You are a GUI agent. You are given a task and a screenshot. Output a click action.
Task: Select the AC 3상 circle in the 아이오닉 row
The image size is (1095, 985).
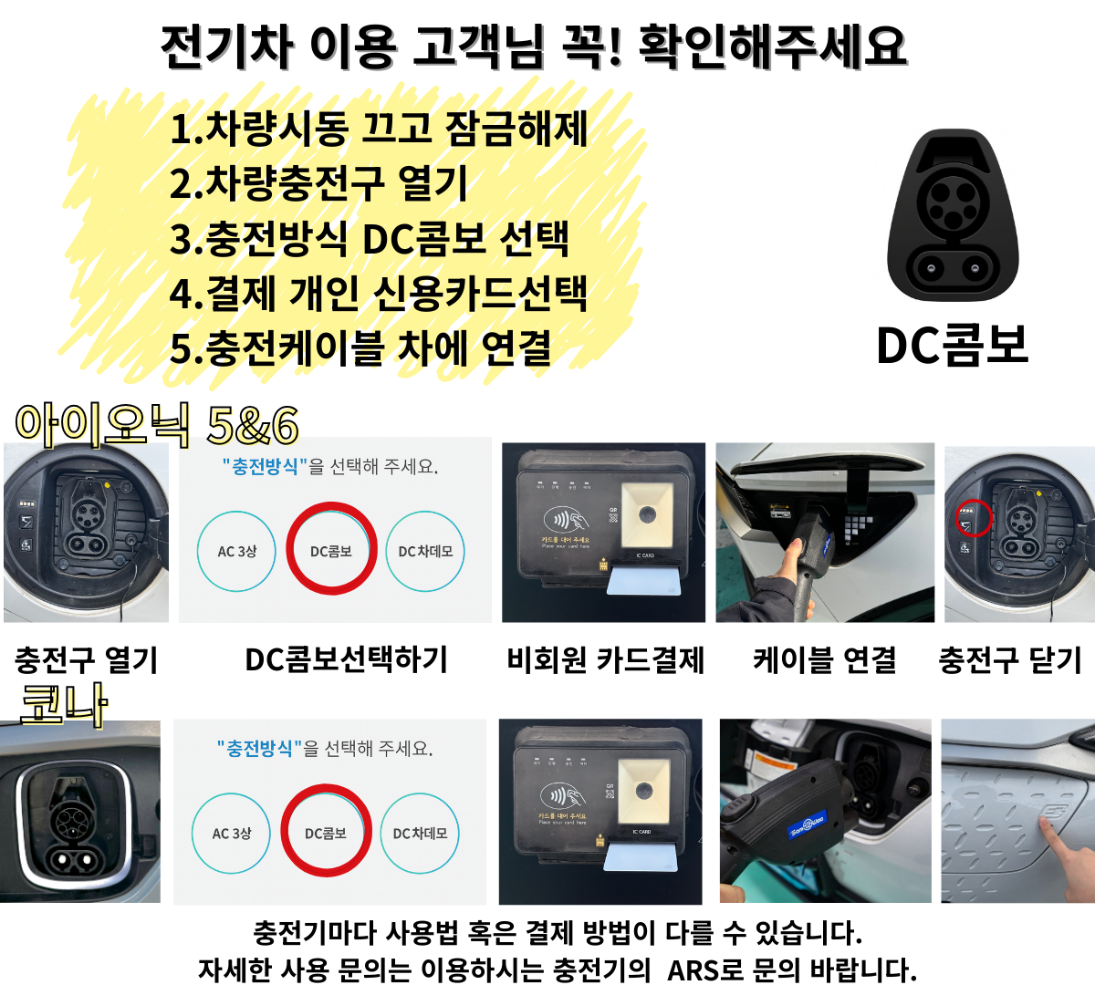pyautogui.click(x=237, y=551)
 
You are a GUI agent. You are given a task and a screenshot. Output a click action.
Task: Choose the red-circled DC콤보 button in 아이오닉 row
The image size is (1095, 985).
pyautogui.click(x=331, y=549)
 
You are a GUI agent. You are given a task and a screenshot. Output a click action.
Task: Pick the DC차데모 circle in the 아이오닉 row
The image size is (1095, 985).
pyautogui.click(x=425, y=551)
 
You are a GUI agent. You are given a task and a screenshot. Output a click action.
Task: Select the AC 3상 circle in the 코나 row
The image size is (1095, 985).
pyautogui.click(x=232, y=833)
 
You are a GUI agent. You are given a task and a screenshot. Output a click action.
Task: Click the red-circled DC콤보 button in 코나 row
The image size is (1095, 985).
pyautogui.click(x=326, y=831)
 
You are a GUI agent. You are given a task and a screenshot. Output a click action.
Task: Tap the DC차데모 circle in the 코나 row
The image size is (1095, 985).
pyautogui.click(x=420, y=833)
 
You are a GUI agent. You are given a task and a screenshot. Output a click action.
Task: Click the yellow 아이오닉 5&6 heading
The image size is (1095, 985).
pyautogui.click(x=157, y=424)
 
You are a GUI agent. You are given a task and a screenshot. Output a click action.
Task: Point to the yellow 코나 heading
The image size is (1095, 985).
pyautogui.click(x=64, y=704)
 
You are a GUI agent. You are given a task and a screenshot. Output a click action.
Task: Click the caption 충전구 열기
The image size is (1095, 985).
pyautogui.click(x=87, y=659)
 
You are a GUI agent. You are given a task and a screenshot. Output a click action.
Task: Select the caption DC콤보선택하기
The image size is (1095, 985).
pyautogui.click(x=347, y=659)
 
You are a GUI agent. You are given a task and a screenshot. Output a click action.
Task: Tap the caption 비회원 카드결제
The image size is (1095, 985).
pyautogui.click(x=606, y=659)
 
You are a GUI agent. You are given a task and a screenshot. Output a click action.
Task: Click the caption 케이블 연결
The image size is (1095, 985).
pyautogui.click(x=825, y=659)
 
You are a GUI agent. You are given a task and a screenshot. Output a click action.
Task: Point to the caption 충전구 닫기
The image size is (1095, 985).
pyautogui.click(x=1010, y=659)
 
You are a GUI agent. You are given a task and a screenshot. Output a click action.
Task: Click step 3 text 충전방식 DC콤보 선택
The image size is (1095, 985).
pyautogui.click(x=370, y=238)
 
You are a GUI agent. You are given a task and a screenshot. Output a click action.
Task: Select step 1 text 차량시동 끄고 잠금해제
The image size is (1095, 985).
pyautogui.click(x=379, y=129)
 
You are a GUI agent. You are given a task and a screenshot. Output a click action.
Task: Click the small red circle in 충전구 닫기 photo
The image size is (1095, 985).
pyautogui.click(x=974, y=519)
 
